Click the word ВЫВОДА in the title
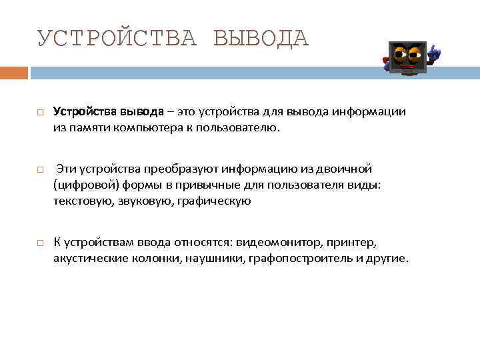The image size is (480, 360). pyautogui.click(x=261, y=38)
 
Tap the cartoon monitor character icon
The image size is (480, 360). pyautogui.click(x=408, y=59)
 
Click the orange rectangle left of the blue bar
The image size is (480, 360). pyautogui.click(x=14, y=72)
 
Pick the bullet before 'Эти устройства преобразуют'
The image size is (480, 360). pyautogui.click(x=41, y=169)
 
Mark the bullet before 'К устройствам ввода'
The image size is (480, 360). pyautogui.click(x=41, y=242)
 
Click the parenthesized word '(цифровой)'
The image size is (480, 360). pyautogui.click(x=81, y=185)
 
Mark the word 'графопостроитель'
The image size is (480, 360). pyautogui.click(x=299, y=257)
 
